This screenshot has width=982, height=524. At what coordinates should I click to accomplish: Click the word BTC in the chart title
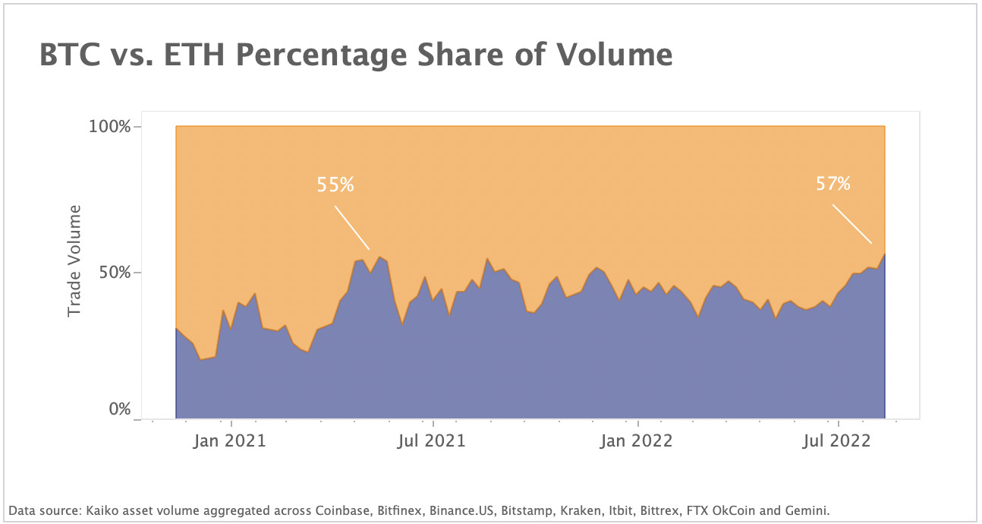pyautogui.click(x=69, y=55)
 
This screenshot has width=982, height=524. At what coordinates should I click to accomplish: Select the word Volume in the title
pyautogui.click(x=615, y=55)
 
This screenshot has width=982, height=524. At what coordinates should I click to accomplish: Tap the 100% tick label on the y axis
pyautogui.click(x=110, y=126)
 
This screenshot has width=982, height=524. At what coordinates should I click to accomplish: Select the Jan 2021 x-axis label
pyautogui.click(x=229, y=440)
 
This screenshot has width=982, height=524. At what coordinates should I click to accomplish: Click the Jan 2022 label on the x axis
pyautogui.click(x=637, y=440)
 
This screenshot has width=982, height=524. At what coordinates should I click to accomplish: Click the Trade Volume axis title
pyautogui.click(x=74, y=260)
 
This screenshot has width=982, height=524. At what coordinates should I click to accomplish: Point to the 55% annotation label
pyautogui.click(x=335, y=185)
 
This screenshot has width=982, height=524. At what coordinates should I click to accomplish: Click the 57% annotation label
pyautogui.click(x=833, y=183)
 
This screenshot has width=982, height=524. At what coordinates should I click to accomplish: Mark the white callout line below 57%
pyautogui.click(x=851, y=223)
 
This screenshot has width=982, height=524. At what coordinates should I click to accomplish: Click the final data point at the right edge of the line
pyautogui.click(x=884, y=254)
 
